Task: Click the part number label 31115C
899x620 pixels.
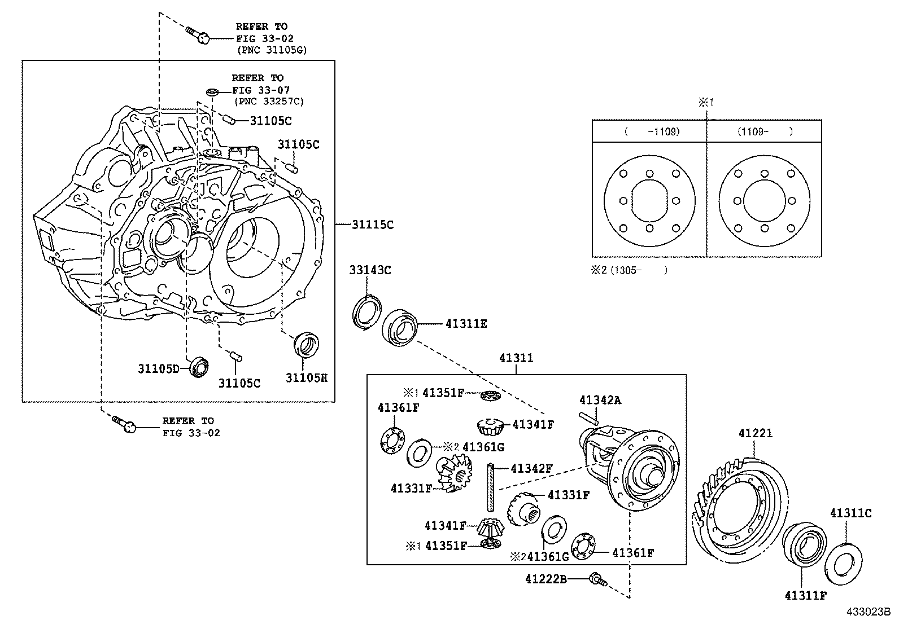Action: tap(372, 225)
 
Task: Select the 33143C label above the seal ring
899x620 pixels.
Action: tap(370, 270)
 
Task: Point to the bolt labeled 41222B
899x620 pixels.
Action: tap(597, 580)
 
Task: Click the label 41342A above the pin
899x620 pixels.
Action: tap(600, 400)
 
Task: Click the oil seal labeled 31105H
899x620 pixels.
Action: tap(307, 344)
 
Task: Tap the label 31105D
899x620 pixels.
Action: tap(159, 369)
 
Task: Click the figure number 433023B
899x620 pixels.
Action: tap(867, 612)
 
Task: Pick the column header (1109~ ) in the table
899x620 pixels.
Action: tap(765, 131)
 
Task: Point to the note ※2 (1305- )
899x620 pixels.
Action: tap(629, 270)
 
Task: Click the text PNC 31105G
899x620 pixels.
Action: tap(271, 50)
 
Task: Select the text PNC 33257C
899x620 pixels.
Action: tap(269, 102)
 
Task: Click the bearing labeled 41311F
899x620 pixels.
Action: tap(804, 544)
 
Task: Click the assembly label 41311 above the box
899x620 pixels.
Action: tap(516, 358)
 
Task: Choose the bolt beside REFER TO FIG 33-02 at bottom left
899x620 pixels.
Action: tap(123, 424)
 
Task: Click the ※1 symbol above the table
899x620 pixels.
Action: tap(707, 103)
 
